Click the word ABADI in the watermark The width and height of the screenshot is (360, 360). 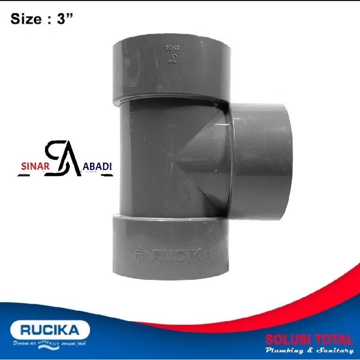point(98,165)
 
